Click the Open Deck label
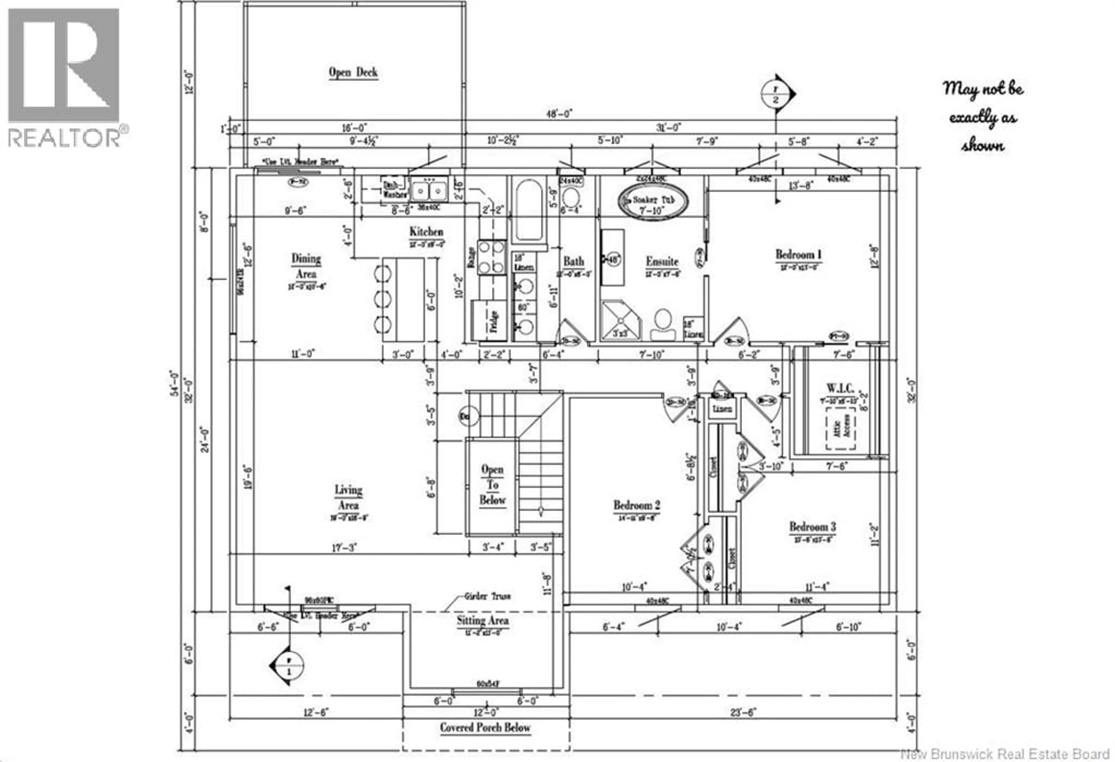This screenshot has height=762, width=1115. [353, 72]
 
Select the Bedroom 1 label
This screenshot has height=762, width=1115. [798, 255]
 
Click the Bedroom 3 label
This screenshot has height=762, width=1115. [812, 527]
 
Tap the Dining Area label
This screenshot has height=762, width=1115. [306, 266]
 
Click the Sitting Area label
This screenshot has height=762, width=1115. [482, 621]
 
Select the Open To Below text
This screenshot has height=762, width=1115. [492, 485]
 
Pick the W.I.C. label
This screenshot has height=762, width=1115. [840, 388]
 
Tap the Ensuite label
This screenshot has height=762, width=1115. [662, 262]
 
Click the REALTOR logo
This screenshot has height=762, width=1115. [64, 77]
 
